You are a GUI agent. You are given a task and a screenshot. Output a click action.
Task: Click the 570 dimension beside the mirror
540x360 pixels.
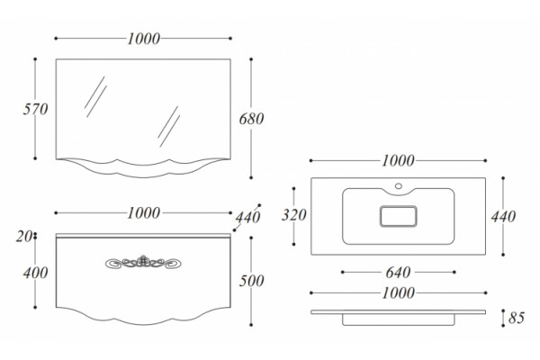point(35,109)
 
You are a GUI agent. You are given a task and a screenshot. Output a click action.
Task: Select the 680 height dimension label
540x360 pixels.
point(251,119)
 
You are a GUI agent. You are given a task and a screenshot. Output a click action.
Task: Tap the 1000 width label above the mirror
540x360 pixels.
point(144,39)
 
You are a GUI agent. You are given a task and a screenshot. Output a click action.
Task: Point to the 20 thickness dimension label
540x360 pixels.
point(23,237)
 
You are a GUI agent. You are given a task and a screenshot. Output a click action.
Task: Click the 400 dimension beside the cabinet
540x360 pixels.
point(35,274)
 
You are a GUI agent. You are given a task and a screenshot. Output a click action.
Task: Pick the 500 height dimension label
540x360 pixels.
point(251,281)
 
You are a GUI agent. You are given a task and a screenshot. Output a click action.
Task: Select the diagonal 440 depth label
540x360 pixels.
point(247,218)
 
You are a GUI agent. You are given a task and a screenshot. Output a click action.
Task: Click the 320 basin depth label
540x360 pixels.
point(293,215)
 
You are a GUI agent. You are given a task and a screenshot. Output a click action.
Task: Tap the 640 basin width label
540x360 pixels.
point(398,273)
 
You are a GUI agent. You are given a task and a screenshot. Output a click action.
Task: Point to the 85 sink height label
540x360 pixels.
point(517,318)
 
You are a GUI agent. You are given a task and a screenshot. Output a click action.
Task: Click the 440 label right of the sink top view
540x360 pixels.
point(503,217)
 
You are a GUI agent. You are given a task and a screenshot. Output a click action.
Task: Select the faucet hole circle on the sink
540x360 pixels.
point(399,186)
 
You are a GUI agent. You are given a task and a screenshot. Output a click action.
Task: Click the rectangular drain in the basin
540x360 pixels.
point(399,216)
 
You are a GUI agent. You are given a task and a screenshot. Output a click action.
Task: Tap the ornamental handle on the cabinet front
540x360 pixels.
point(143,262)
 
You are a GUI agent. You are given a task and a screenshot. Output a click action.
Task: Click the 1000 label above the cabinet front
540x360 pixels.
point(144,213)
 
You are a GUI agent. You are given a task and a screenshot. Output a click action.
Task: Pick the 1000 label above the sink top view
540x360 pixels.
point(398,161)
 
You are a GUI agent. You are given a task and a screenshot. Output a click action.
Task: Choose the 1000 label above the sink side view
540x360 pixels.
point(398,293)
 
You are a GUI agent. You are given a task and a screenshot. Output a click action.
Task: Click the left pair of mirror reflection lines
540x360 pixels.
point(95,97)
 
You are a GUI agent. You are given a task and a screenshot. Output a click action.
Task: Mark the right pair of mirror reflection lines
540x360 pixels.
point(169,126)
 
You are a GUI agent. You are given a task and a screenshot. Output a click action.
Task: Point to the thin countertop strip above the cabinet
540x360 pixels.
point(143,236)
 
